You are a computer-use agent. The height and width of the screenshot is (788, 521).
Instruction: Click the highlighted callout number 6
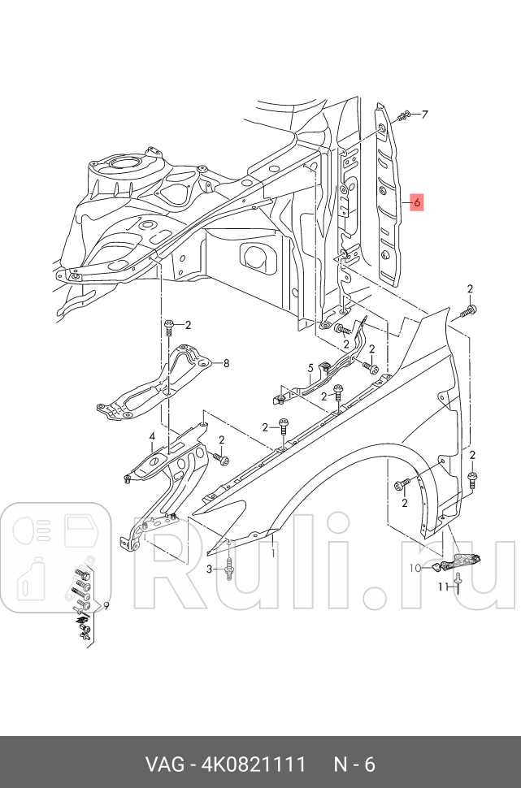coord(415,202)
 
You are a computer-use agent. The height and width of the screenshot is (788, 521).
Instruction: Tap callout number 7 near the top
coord(424,115)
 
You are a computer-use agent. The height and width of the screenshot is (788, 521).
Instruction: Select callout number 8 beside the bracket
coord(226,363)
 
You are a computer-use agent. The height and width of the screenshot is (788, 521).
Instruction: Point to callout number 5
coord(310,369)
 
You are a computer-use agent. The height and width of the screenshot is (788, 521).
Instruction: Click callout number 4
coord(151,437)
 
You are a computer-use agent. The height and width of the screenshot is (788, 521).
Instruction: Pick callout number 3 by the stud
coord(209,569)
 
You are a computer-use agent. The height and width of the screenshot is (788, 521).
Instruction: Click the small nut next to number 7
coord(404,118)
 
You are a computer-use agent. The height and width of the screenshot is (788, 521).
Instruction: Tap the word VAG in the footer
coord(163,764)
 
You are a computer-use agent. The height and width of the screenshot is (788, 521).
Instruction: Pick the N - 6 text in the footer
coord(354,764)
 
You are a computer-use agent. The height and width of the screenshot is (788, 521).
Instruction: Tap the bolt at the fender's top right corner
coord(467,310)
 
